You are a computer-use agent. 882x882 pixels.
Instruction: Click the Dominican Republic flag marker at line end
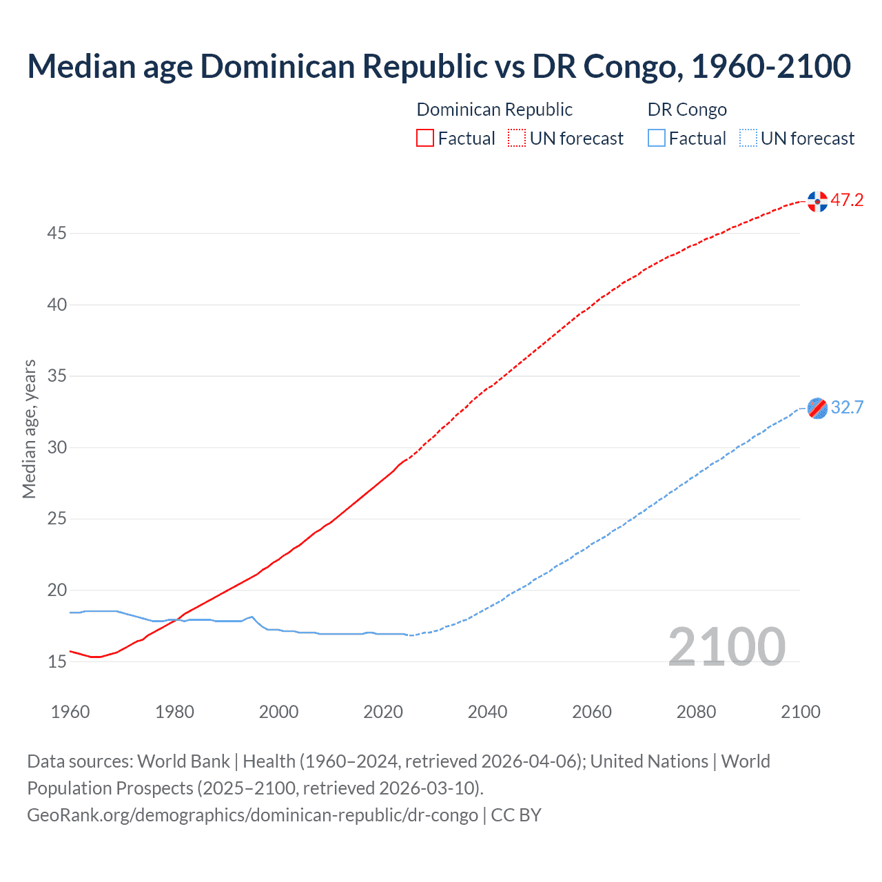pyautogui.click(x=817, y=201)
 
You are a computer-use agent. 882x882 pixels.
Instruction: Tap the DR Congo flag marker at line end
pyautogui.click(x=817, y=409)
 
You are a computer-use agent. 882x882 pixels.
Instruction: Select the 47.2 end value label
pyautogui.click(x=847, y=201)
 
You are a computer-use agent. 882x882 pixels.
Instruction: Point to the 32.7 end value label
pyautogui.click(x=847, y=408)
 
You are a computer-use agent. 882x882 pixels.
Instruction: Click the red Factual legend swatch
pyautogui.click(x=425, y=139)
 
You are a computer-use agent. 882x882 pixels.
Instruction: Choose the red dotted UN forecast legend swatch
pyautogui.click(x=517, y=139)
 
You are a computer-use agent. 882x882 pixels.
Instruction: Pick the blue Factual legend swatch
pyautogui.click(x=657, y=139)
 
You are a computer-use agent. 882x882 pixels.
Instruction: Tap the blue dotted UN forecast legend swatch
pyautogui.click(x=748, y=139)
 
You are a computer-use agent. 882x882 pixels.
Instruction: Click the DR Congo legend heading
pyautogui.click(x=687, y=110)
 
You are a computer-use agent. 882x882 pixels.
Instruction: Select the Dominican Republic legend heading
pyautogui.click(x=495, y=110)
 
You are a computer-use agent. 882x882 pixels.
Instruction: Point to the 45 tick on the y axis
pyautogui.click(x=57, y=234)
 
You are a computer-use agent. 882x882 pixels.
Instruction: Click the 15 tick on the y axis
pyautogui.click(x=57, y=661)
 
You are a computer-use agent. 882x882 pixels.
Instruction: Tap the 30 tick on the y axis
pyautogui.click(x=57, y=448)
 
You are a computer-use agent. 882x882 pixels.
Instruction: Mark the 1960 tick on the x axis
pyautogui.click(x=70, y=712)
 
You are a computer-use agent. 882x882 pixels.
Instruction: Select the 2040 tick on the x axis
pyautogui.click(x=487, y=712)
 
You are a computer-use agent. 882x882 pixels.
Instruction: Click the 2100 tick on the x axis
pyautogui.click(x=801, y=712)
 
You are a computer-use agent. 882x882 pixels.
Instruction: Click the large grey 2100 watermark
pyautogui.click(x=727, y=646)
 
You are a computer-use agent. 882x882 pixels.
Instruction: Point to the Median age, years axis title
pyautogui.click(x=29, y=429)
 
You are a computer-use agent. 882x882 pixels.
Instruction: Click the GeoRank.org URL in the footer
pyautogui.click(x=252, y=815)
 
